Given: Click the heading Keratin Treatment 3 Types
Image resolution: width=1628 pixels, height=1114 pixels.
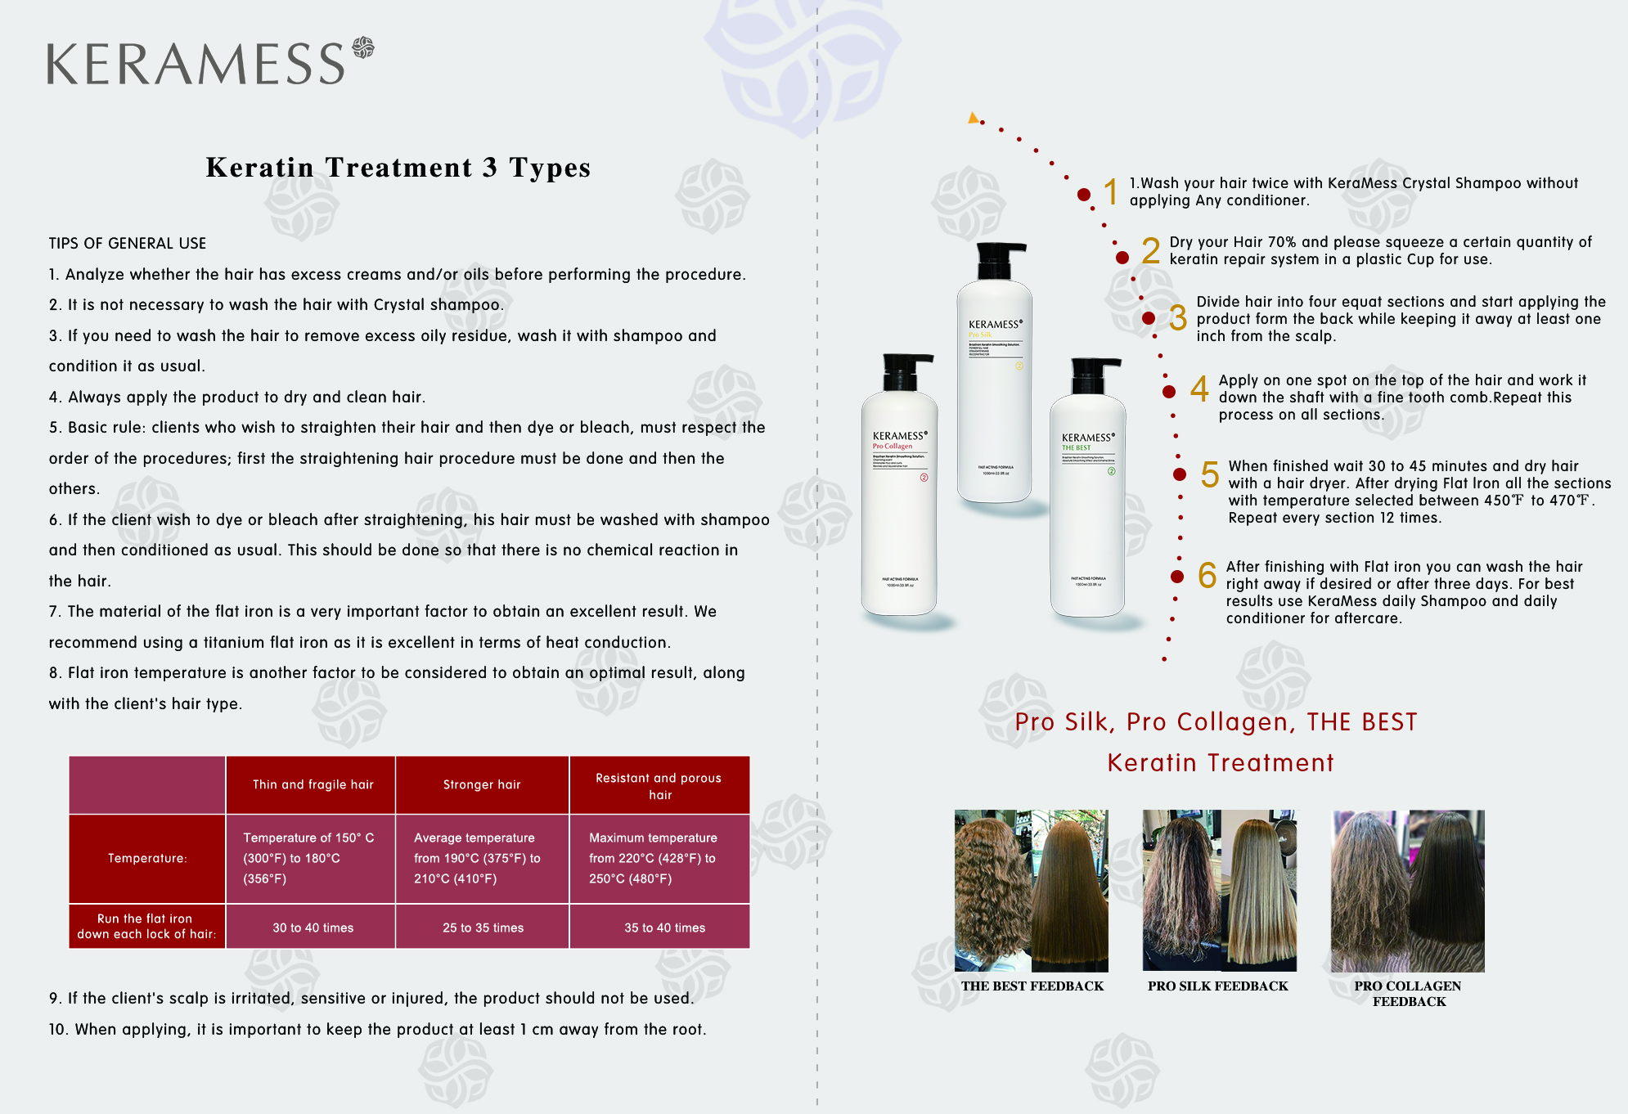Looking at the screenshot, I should (x=398, y=168).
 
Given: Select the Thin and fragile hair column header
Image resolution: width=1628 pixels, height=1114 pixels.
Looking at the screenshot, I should (x=313, y=784).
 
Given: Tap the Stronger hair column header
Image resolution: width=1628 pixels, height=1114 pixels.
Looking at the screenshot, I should (x=482, y=784).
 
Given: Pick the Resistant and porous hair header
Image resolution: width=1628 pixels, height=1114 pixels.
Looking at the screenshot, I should (x=659, y=786).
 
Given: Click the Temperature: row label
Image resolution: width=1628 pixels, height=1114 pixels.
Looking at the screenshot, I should (x=147, y=858).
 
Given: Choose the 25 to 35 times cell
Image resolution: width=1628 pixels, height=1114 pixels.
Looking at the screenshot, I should (x=483, y=928).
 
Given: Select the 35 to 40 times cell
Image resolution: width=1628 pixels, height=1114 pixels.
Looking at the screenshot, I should (x=664, y=928).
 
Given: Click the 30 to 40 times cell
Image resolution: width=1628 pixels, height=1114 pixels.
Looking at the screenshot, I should (x=313, y=928).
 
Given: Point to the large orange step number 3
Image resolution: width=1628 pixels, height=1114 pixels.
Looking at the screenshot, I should (x=1177, y=318).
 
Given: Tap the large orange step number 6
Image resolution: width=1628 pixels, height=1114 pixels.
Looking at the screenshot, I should (x=1207, y=576).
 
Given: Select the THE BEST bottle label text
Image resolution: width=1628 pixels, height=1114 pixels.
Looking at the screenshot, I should (x=1076, y=447).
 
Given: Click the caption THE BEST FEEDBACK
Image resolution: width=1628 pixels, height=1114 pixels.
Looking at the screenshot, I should (x=1032, y=986).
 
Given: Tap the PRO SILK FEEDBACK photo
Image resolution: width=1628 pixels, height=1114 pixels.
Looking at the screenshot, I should (x=1219, y=890).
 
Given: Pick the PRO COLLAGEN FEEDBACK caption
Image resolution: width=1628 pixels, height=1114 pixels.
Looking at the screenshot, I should (x=1408, y=994).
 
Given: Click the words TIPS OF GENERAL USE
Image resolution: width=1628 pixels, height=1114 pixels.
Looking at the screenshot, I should (x=128, y=244).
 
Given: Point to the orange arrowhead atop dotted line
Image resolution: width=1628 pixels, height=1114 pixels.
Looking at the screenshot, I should (x=973, y=118).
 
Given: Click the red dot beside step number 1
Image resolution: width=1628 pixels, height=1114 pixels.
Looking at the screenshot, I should (x=1084, y=195).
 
